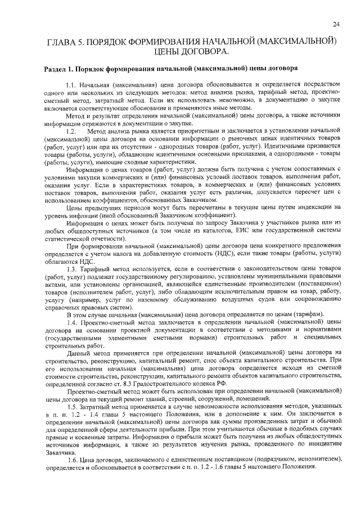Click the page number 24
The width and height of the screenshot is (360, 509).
[x=336, y=24]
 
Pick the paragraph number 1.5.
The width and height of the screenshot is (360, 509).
[x=72, y=407]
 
